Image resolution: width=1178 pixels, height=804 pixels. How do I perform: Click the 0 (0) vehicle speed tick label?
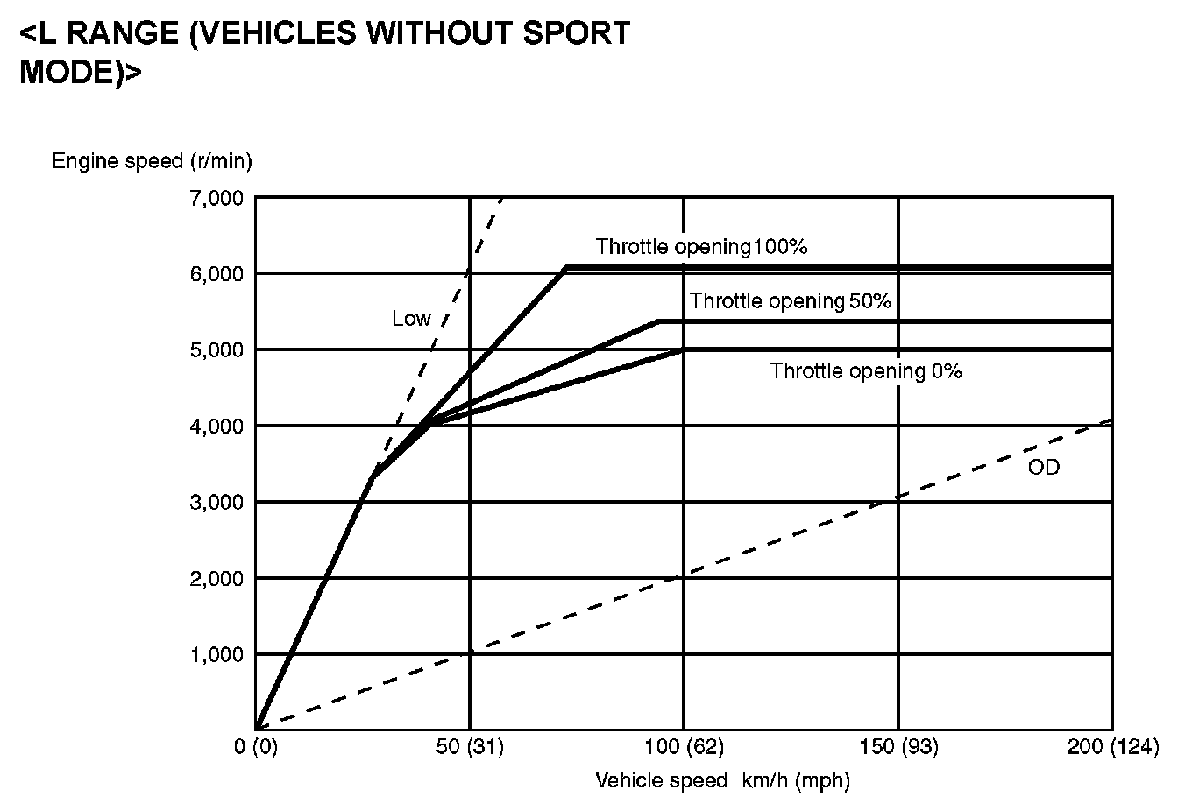click(x=256, y=747)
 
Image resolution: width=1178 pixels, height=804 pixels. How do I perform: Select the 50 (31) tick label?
click(x=470, y=747)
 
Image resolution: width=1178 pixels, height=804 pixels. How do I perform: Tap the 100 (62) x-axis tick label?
click(x=685, y=747)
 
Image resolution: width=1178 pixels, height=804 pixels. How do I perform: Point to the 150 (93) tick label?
click(x=898, y=747)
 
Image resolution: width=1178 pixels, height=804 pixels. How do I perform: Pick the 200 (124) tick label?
click(x=1112, y=747)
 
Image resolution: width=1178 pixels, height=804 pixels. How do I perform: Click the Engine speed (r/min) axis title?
click(x=153, y=161)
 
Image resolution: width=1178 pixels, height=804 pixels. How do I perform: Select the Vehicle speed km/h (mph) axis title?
click(x=722, y=779)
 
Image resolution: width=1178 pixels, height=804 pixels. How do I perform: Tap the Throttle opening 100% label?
click(x=701, y=247)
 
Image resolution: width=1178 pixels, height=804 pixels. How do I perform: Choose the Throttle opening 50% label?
click(x=791, y=301)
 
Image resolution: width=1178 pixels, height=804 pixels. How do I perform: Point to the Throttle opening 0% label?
click(x=866, y=371)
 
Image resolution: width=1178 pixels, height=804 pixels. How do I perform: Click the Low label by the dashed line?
click(x=411, y=319)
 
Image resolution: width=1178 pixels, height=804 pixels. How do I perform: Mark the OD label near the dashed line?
click(x=1043, y=467)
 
